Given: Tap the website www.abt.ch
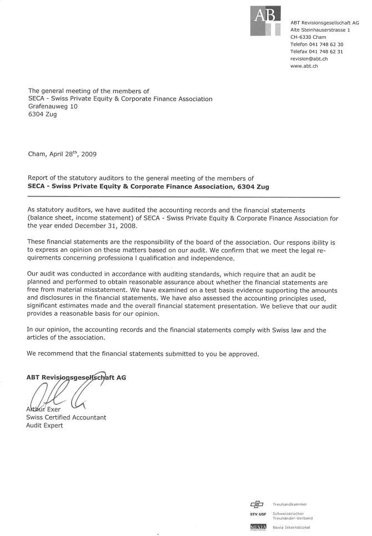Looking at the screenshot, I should click(304, 66).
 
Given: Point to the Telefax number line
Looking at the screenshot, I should click(316, 52).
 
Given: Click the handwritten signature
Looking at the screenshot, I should click(61, 392).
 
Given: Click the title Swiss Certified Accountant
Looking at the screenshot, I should click(66, 417).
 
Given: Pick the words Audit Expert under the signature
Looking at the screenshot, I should click(45, 425).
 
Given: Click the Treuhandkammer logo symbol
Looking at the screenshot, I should click(257, 504).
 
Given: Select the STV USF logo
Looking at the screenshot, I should click(258, 515).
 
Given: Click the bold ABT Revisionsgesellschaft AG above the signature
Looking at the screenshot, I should click(76, 377).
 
